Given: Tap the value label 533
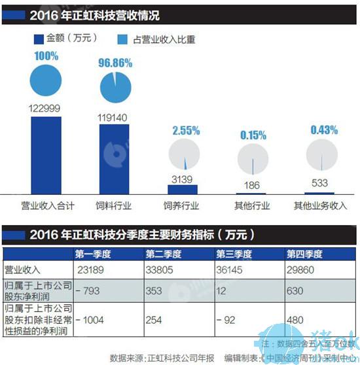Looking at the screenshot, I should (320, 183).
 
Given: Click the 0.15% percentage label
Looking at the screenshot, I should (252, 135).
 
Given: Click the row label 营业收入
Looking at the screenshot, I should (24, 268).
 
